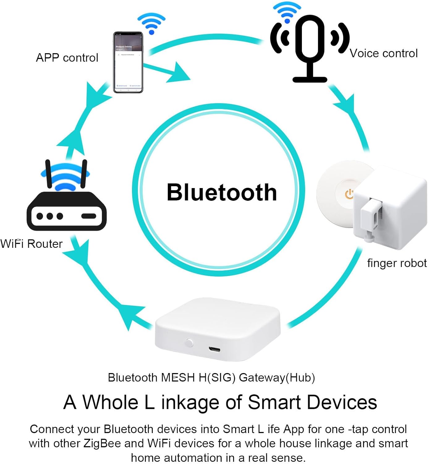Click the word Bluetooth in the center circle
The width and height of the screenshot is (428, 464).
click(222, 192)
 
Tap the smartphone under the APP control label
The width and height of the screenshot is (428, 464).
click(128, 62)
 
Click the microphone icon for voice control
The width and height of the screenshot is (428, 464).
click(310, 46)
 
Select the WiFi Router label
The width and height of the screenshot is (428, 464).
click(32, 244)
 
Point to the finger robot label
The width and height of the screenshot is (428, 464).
click(397, 263)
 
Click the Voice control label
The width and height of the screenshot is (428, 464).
click(384, 53)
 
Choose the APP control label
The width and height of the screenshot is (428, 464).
click(67, 58)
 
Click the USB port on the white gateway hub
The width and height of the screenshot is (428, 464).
click(214, 350)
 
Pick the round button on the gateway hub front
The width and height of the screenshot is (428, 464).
click(189, 343)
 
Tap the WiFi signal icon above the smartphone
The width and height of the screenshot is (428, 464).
click(151, 23)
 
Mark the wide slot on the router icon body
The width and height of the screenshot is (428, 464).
click(89, 216)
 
